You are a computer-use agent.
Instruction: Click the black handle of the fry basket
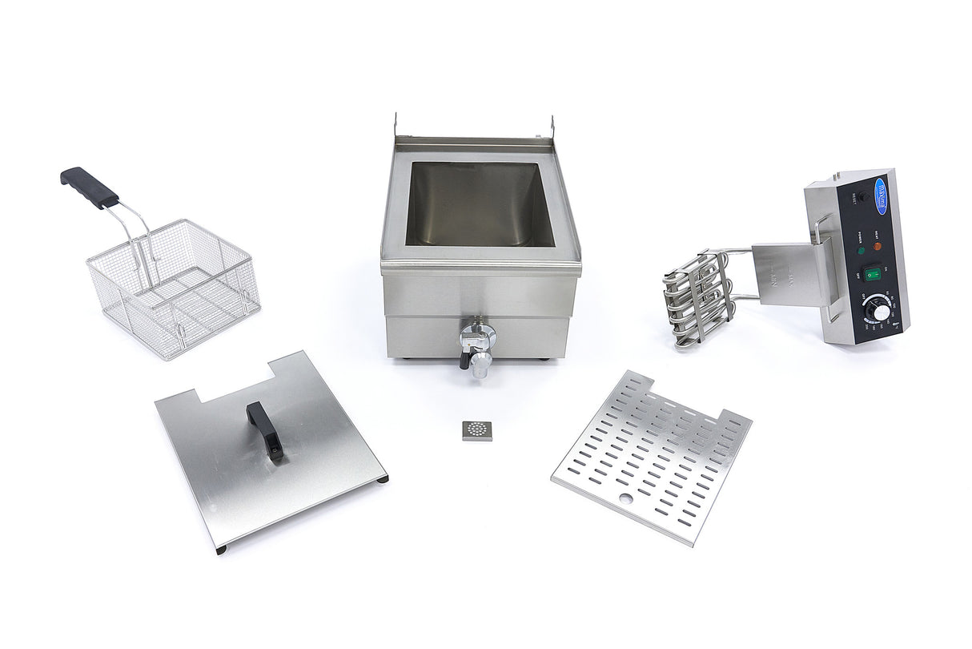click(x=88, y=187)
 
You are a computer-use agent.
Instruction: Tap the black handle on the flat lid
click(x=265, y=429)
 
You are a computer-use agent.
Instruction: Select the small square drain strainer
click(x=479, y=430)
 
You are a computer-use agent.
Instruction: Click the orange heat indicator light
click(x=877, y=246)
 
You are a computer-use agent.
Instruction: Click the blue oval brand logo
click(x=882, y=191)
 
